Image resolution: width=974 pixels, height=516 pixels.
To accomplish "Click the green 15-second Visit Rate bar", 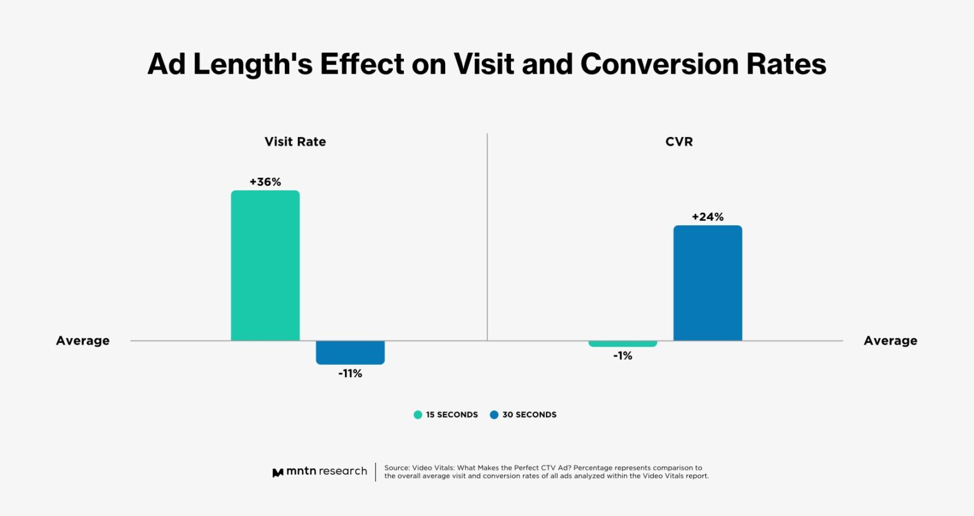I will point(265,265).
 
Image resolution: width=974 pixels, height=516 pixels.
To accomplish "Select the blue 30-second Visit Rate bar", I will point(350,352).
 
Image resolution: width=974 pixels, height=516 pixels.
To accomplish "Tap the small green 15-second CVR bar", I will point(622,344).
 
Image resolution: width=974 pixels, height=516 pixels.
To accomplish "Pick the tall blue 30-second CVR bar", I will point(708,283).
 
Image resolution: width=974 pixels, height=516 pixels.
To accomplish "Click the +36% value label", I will point(265,182).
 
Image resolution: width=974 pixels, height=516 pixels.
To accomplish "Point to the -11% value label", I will point(350,374).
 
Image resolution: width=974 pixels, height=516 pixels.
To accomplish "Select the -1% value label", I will point(623,356).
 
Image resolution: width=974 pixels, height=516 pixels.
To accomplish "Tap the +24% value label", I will point(708,217).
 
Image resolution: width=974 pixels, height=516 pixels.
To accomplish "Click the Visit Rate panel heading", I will point(295,142).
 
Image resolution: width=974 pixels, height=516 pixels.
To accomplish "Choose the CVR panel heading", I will point(679,142).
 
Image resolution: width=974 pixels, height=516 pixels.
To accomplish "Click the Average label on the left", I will point(82,341).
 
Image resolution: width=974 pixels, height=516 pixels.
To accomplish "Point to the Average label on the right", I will point(890,341).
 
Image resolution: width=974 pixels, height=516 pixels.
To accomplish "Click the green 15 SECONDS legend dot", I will point(418,415).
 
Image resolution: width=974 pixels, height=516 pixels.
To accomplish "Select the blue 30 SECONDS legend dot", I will point(494,415).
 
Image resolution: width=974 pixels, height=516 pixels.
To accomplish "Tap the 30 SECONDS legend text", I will point(529,415).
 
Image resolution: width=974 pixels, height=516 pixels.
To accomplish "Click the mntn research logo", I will point(320,472).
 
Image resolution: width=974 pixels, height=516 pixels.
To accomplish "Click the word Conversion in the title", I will point(659,64).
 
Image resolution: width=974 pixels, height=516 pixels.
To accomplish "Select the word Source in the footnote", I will point(396,468).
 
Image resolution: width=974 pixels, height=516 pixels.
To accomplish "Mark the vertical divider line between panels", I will point(487,235).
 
